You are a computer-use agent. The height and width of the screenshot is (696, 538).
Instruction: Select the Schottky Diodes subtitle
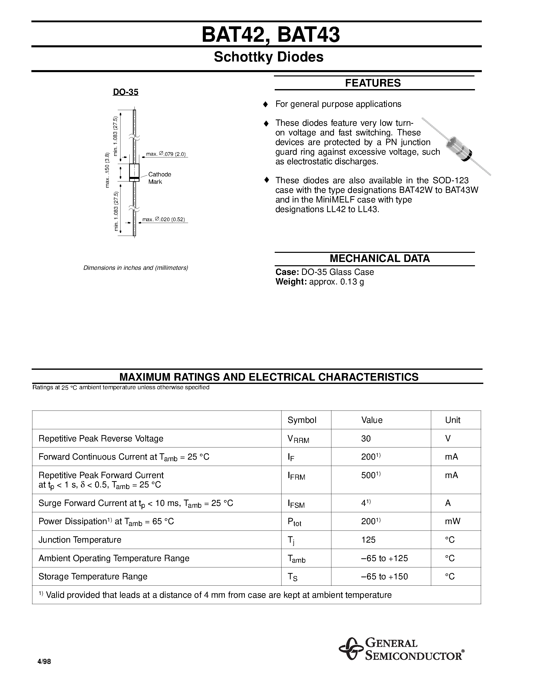[268, 57]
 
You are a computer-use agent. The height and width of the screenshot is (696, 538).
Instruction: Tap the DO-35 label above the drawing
[126, 92]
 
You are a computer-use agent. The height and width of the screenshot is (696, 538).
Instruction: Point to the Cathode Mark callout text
[159, 178]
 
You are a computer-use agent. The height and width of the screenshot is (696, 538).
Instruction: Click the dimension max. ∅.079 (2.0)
[166, 154]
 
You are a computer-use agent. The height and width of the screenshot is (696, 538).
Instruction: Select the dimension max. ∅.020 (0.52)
[164, 220]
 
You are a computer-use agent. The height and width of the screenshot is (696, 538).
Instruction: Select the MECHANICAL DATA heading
[379, 258]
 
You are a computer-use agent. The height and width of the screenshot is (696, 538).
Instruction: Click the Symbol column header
[302, 420]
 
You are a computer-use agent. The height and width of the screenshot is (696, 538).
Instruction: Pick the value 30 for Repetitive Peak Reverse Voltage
[366, 439]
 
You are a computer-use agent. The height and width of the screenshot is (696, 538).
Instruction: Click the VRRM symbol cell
[298, 439]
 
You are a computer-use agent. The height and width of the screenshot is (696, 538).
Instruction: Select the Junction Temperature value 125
[368, 540]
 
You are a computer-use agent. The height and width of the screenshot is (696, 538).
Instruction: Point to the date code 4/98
[44, 662]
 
